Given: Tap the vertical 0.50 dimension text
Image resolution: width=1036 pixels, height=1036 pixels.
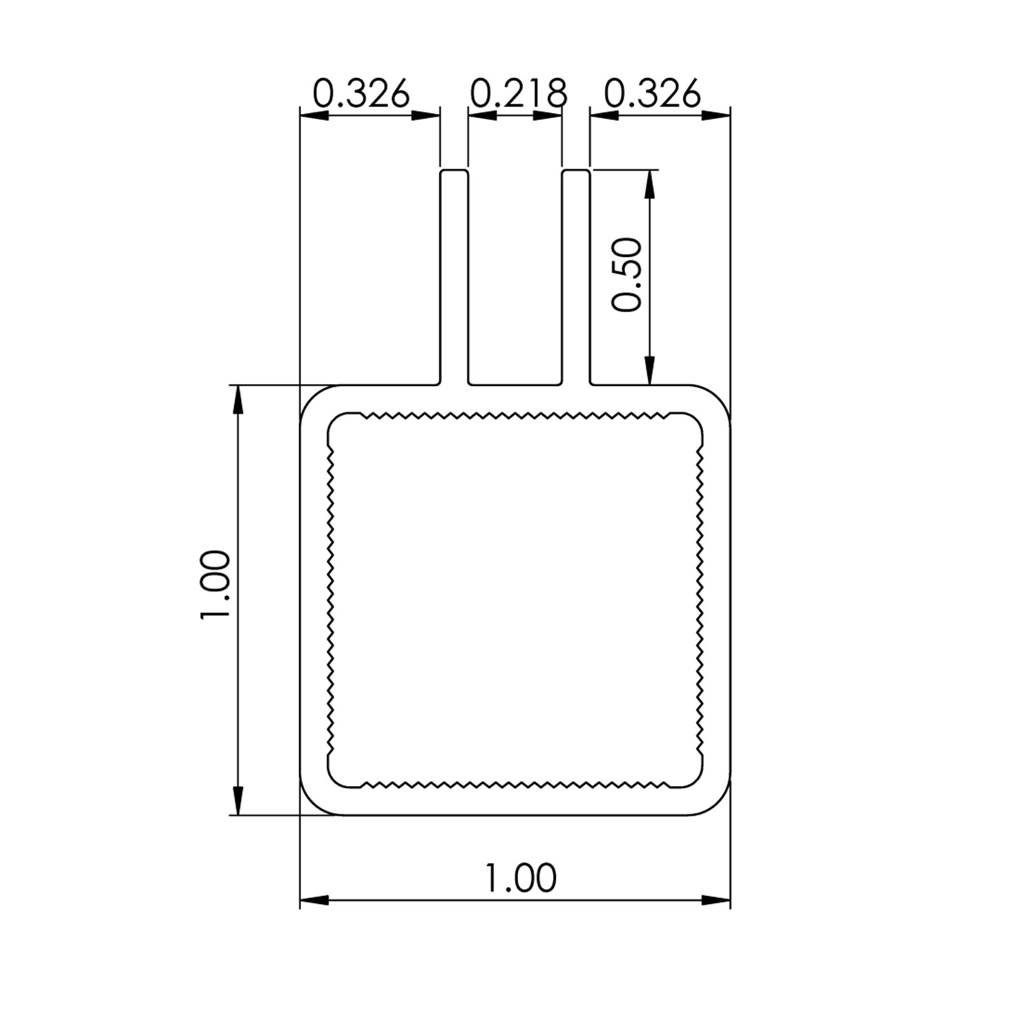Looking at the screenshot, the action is [628, 274].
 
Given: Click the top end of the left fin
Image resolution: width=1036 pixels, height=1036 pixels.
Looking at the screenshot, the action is [454, 171].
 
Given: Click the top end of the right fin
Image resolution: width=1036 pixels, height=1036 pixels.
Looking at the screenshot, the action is [575, 171].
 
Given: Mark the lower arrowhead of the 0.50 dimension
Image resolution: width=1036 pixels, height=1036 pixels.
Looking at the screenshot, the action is [649, 370].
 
